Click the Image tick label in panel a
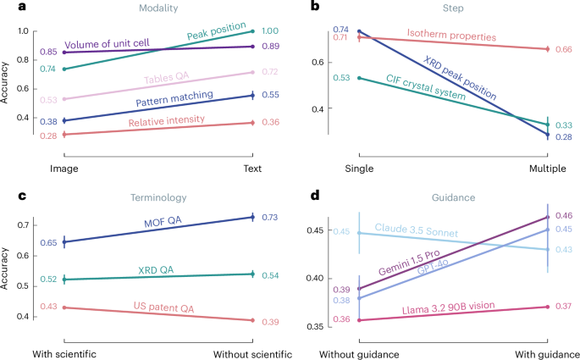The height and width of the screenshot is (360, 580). pyautogui.click(x=64, y=169)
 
